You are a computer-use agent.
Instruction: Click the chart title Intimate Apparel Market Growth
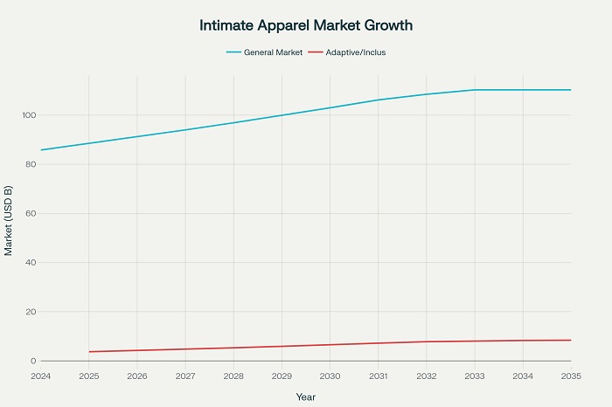[x=306, y=25]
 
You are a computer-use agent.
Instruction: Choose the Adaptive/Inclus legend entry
[x=354, y=52]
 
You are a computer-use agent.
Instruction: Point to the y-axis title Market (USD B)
[x=9, y=221]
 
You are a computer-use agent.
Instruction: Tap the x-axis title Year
[x=306, y=396]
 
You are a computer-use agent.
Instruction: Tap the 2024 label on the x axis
[x=40, y=376]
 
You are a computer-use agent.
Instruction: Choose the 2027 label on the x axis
[x=185, y=376]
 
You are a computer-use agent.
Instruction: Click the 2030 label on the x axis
[x=330, y=376]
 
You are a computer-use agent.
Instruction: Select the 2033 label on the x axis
[x=475, y=376]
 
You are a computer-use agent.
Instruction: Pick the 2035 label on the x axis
[x=570, y=376]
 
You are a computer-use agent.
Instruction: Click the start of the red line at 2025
[x=89, y=352]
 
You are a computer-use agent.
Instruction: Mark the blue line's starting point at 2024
[x=41, y=150]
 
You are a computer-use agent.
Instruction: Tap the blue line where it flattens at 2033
[x=475, y=90]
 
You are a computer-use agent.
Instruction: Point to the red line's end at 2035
[x=571, y=340]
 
